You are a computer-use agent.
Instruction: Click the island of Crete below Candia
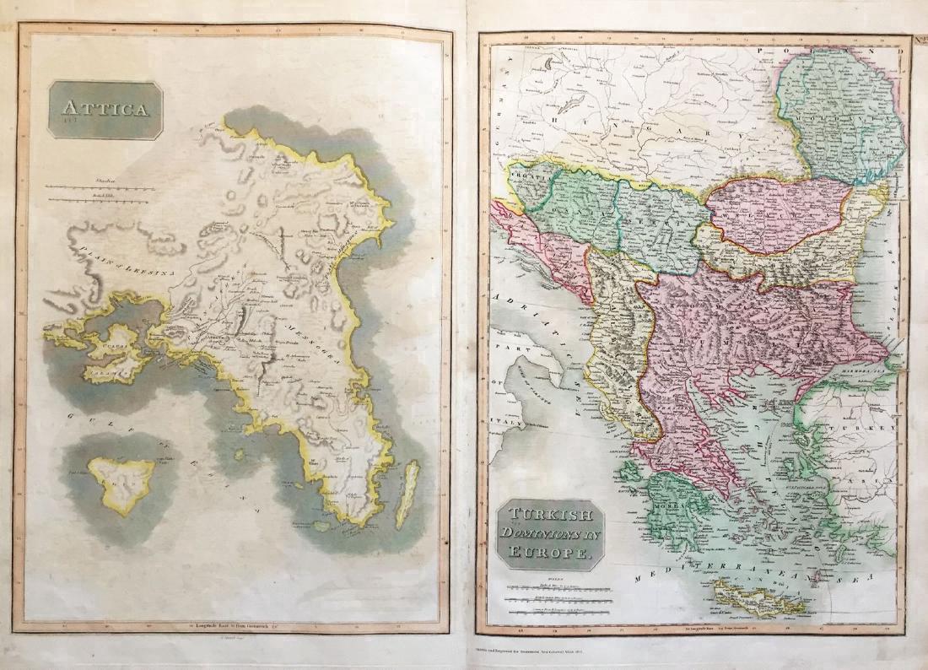(x=758, y=600)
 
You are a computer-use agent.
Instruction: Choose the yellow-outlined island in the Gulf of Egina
(x=122, y=483)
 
